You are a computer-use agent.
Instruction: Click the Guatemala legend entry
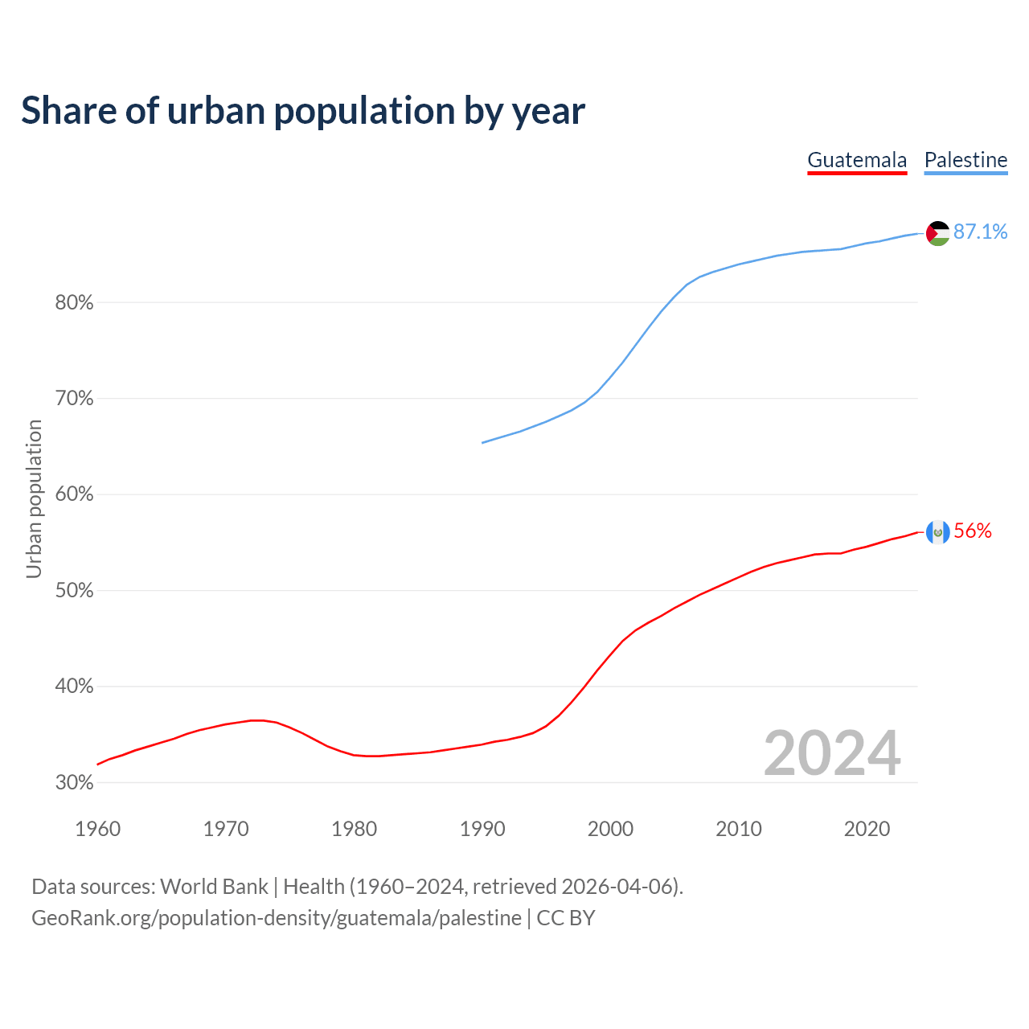pos(857,160)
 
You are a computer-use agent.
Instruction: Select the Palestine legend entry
pos(965,160)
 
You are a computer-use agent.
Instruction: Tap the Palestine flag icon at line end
pos(938,233)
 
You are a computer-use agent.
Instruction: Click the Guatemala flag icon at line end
pos(938,532)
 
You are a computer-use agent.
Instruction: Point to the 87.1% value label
pos(981,232)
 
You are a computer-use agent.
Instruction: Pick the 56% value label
pos(973,531)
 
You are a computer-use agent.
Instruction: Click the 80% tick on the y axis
pos(74,303)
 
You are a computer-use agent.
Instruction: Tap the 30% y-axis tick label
pos(74,783)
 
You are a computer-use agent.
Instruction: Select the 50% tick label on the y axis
pos(74,591)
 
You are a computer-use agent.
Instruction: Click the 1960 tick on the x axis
pos(97,829)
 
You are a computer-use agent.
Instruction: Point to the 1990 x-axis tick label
pos(482,829)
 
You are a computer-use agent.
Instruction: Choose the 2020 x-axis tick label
pos(867,829)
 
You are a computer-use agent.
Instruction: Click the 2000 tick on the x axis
pos(610,829)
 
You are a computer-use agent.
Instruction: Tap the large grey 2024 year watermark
pos(832,754)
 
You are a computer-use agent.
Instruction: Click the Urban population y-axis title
pos(34,498)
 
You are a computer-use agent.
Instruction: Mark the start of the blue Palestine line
pos(482,442)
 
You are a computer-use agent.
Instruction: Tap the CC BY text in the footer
pos(566,918)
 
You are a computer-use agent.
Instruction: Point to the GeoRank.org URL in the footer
pos(277,918)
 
